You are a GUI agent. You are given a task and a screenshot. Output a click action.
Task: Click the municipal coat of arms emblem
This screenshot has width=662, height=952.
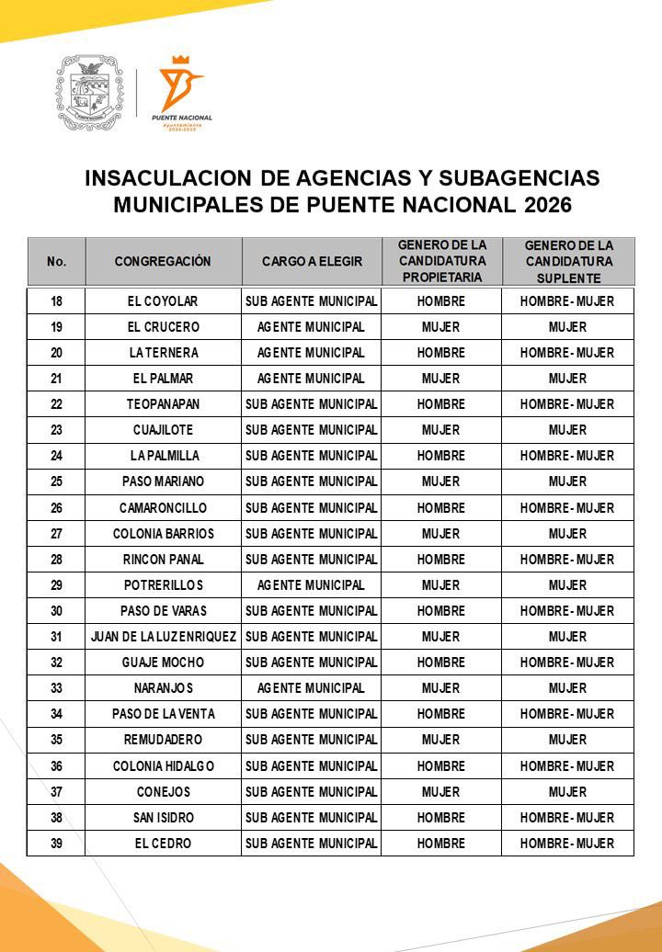[90, 92]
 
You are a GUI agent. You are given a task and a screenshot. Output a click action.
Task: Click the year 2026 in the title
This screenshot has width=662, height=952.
[547, 205]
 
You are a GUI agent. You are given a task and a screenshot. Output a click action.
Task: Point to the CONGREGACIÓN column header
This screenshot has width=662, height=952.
[163, 262]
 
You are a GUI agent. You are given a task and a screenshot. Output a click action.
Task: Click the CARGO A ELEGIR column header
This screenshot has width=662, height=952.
[312, 262]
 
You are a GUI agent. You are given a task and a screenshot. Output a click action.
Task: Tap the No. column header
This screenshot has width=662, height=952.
[56, 262]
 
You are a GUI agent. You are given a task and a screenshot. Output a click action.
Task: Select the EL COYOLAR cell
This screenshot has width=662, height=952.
[163, 301]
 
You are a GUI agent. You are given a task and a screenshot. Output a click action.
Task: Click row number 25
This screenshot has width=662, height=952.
[56, 482]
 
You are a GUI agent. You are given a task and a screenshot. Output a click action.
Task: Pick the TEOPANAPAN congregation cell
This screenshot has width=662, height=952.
[163, 404]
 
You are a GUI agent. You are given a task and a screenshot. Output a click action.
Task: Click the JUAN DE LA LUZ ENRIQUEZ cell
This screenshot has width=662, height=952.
[163, 636]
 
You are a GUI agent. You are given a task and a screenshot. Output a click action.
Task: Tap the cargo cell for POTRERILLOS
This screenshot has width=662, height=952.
[311, 584]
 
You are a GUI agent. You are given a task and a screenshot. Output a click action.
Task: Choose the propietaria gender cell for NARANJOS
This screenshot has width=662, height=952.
[440, 687]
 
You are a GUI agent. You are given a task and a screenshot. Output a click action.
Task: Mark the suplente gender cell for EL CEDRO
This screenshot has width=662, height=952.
[567, 843]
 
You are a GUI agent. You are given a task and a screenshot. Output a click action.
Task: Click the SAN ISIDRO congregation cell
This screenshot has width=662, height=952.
[163, 817]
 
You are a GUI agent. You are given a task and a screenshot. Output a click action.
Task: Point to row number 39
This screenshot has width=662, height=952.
[56, 843]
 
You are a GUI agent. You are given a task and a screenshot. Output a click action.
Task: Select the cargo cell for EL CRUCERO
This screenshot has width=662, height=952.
[311, 327]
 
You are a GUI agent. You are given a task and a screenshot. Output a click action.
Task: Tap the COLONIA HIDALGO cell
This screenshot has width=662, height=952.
[163, 765]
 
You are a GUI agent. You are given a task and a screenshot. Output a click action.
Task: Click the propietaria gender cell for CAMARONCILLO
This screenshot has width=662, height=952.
[440, 507]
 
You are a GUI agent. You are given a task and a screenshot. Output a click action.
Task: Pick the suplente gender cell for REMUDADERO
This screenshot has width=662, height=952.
[567, 739]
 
